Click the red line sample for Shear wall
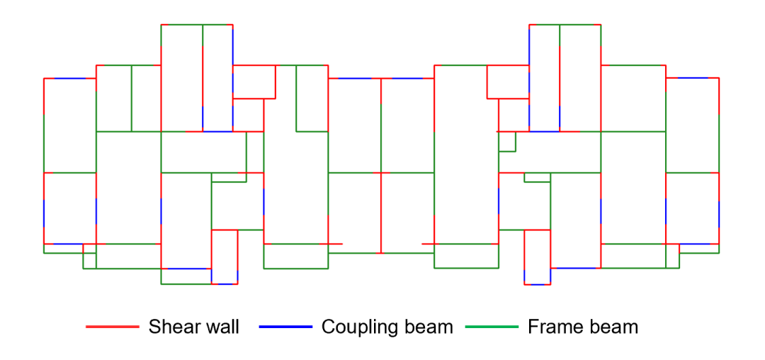tap(112, 327)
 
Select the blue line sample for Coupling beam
tap(285, 327)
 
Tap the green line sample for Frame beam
tap(492, 327)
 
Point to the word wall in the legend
tap(221, 327)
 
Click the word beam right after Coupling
tap(429, 327)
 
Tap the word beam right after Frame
tap(613, 327)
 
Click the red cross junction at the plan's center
tap(381, 173)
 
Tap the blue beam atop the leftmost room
tap(69, 79)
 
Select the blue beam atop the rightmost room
tap(692, 78)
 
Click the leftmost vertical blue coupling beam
tap(44, 213)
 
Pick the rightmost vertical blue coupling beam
tap(719, 213)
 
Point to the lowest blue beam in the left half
tap(224, 284)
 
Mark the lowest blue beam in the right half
tap(537, 284)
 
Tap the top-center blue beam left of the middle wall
tap(354, 79)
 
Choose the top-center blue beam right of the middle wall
tap(407, 79)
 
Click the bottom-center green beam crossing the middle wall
tap(381, 253)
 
